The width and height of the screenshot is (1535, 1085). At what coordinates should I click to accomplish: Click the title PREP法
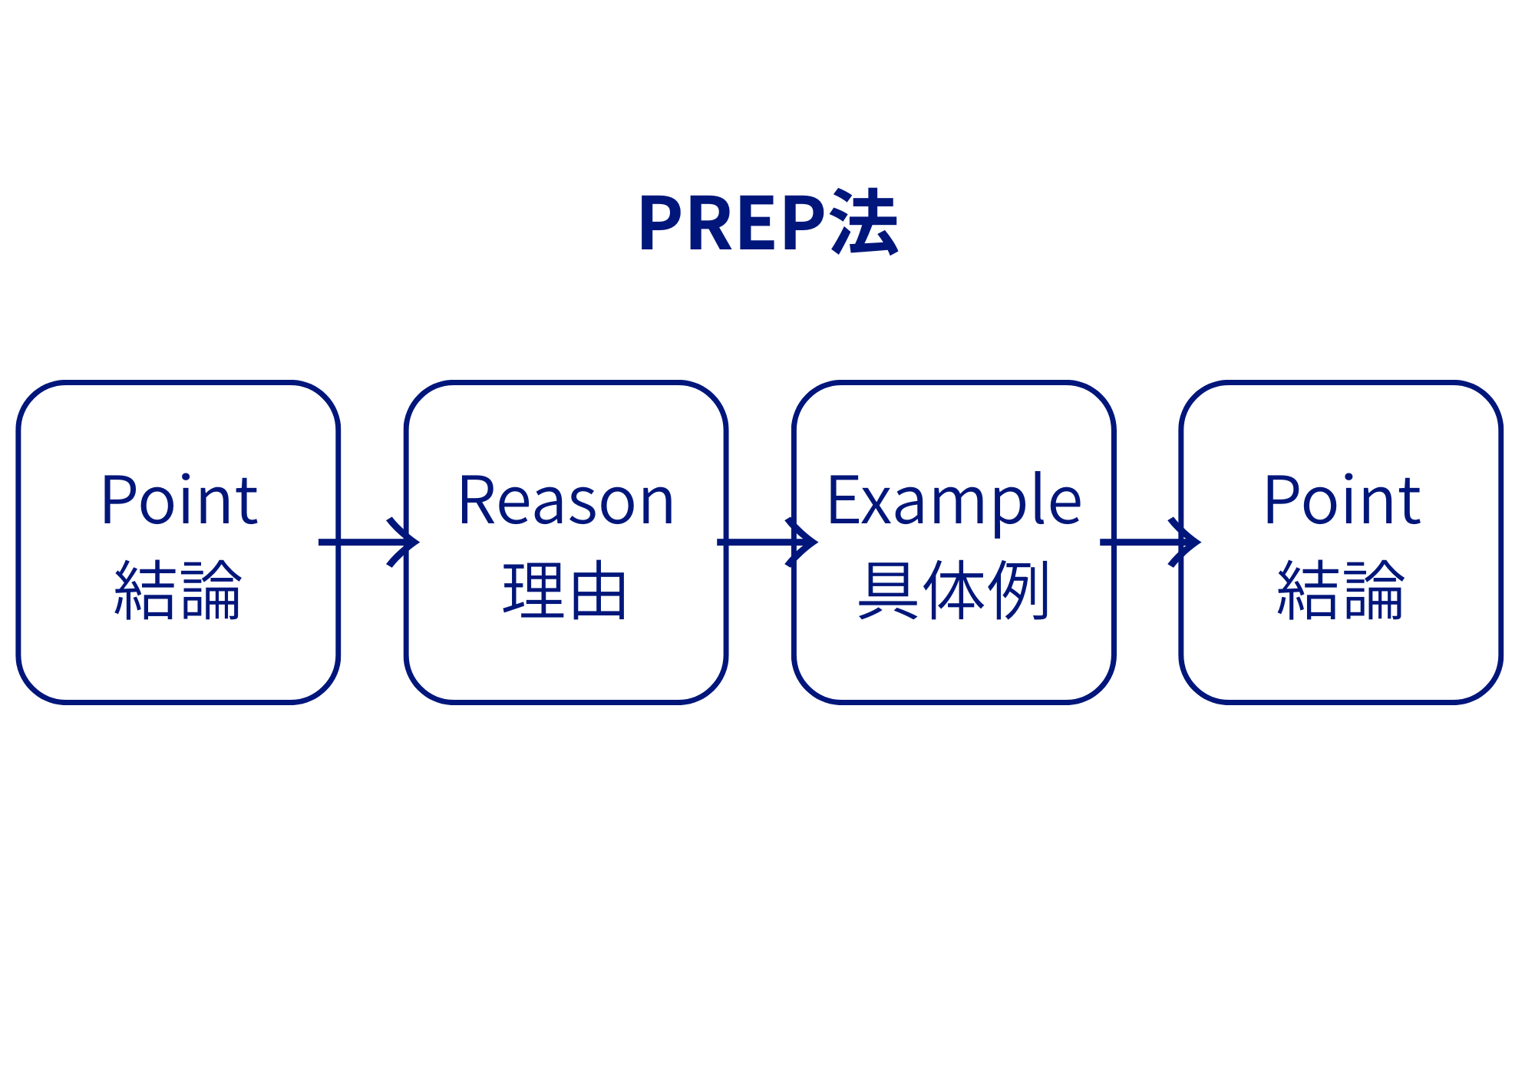click(x=768, y=223)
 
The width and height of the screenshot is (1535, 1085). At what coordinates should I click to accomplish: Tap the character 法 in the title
click(x=864, y=223)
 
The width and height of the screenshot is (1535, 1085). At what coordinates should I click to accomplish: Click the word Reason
click(x=566, y=500)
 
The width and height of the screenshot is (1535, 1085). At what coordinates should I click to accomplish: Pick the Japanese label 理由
click(x=566, y=590)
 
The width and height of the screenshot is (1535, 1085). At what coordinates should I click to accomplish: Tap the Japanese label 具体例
click(x=953, y=590)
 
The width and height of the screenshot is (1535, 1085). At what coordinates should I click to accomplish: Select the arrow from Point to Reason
click(x=368, y=542)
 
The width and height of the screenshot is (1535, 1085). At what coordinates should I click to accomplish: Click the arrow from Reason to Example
click(x=767, y=542)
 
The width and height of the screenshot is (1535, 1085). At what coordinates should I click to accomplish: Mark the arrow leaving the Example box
click(x=1150, y=542)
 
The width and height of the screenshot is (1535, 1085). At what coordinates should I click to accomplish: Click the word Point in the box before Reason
click(x=180, y=500)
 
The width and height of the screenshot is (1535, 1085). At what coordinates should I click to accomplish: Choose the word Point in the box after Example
click(x=1342, y=500)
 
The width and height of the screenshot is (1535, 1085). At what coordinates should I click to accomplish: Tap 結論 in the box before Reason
click(x=178, y=590)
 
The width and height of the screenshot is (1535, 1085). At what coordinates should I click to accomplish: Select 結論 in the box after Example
click(x=1341, y=590)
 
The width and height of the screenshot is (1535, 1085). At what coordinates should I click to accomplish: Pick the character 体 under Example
click(x=954, y=590)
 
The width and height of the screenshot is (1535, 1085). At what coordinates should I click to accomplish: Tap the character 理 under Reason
click(x=533, y=590)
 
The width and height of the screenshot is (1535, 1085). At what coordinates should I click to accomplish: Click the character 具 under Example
click(x=888, y=590)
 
